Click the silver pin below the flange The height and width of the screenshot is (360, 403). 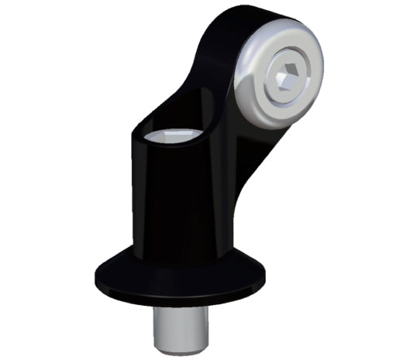pos(180,321)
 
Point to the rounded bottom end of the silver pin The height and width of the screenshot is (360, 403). pos(180,340)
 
